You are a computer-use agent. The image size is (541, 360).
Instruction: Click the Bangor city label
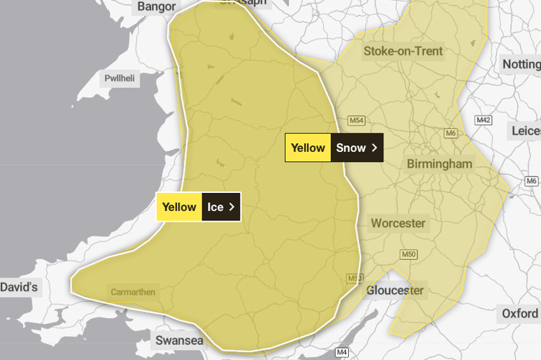[x=155, y=7]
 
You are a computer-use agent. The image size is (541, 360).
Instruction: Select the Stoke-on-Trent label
[x=403, y=51]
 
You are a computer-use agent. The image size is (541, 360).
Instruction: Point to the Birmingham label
[x=440, y=164]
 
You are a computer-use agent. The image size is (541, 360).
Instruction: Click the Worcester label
[x=398, y=223]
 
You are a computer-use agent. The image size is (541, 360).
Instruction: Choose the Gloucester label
[x=395, y=290]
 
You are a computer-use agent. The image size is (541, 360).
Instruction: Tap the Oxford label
[x=519, y=313]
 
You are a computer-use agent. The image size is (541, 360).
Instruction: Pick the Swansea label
[x=179, y=340]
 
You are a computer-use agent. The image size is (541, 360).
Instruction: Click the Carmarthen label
[x=132, y=292]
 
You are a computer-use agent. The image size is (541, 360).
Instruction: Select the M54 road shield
[x=357, y=120]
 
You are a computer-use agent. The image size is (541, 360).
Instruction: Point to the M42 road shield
[x=483, y=120]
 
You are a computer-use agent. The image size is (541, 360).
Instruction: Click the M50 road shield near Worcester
[x=408, y=253]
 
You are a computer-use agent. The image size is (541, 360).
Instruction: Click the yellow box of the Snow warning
[x=308, y=148]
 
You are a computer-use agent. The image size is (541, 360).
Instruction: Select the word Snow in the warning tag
[x=351, y=148]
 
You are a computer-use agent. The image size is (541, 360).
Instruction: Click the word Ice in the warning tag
[x=216, y=207]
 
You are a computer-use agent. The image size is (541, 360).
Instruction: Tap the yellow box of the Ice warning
[x=179, y=207]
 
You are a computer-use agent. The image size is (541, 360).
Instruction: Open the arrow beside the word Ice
[x=232, y=207]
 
